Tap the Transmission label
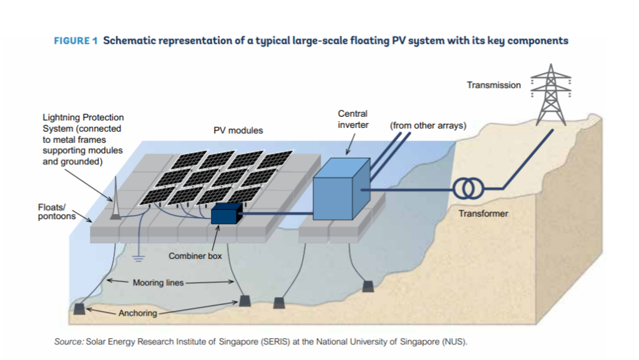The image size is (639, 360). click(x=493, y=85)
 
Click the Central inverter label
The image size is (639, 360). click(x=353, y=119)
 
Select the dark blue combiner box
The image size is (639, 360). click(x=226, y=215)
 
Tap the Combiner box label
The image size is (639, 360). click(x=195, y=256)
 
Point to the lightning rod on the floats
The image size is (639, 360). click(x=115, y=200)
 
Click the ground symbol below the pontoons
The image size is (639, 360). click(x=138, y=256)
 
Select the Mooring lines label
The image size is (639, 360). click(x=158, y=283)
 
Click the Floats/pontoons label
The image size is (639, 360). click(x=56, y=212)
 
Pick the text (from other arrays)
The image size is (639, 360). click(x=427, y=125)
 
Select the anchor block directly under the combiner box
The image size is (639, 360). click(x=245, y=301)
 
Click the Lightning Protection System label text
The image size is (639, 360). click(x=82, y=139)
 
